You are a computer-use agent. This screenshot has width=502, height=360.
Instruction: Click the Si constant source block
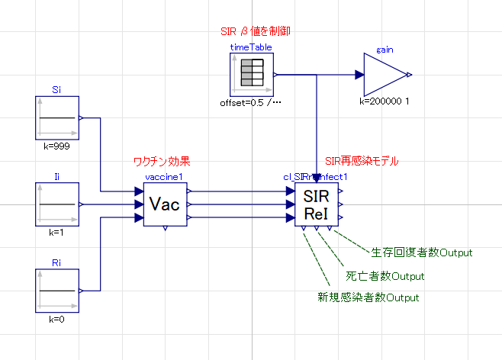(57, 118)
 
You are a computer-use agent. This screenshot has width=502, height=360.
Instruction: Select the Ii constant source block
(57, 204)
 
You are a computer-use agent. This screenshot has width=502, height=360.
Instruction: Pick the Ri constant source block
(57, 291)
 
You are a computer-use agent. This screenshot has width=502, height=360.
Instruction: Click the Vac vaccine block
(165, 205)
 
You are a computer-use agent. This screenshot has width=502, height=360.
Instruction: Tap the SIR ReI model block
(317, 205)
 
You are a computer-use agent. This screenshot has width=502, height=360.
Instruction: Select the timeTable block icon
(251, 75)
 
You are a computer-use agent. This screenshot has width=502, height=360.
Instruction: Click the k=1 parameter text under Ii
(57, 232)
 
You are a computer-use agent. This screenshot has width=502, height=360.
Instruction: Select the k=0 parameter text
(57, 318)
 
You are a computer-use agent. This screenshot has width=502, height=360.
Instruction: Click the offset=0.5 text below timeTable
(251, 102)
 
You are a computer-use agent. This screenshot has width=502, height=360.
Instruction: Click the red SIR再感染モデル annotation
(361, 162)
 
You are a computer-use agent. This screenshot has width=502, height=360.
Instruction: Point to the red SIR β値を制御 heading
(254, 31)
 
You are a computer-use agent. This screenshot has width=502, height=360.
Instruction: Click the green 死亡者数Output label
(385, 275)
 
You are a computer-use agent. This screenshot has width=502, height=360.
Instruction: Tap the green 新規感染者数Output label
(368, 297)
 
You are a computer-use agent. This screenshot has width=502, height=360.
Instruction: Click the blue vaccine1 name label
(165, 177)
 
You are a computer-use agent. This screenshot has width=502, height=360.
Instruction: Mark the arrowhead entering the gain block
(359, 75)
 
